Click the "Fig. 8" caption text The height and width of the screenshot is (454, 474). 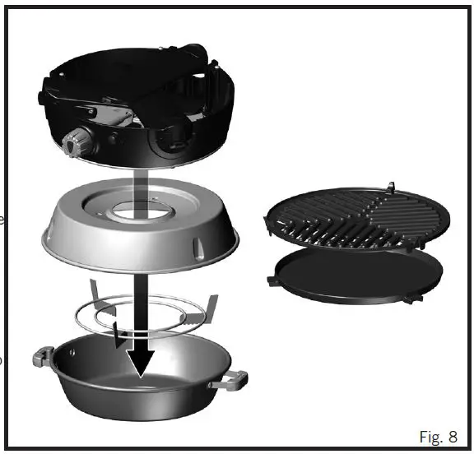tap(439, 434)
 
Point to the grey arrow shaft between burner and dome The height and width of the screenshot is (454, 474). tap(141, 177)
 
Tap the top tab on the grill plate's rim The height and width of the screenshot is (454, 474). tap(390, 184)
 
